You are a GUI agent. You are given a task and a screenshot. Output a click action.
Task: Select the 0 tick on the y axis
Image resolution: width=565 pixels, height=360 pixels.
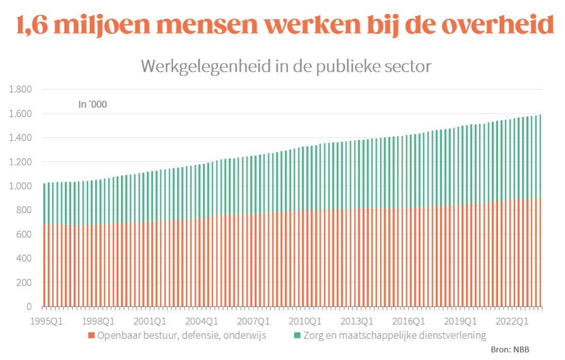[29, 307]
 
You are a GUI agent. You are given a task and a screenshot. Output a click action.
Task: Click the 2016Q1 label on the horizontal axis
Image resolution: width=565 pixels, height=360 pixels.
[408, 321]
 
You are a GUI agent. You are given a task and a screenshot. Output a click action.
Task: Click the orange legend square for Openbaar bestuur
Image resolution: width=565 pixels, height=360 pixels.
[92, 336]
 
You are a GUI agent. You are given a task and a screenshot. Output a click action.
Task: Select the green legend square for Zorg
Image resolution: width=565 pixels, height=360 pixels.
[297, 336]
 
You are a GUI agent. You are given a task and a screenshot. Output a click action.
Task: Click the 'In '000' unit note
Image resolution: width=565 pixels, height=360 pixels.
[92, 104]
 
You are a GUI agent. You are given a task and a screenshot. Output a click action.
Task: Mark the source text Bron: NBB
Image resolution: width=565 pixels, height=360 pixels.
[510, 349]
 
